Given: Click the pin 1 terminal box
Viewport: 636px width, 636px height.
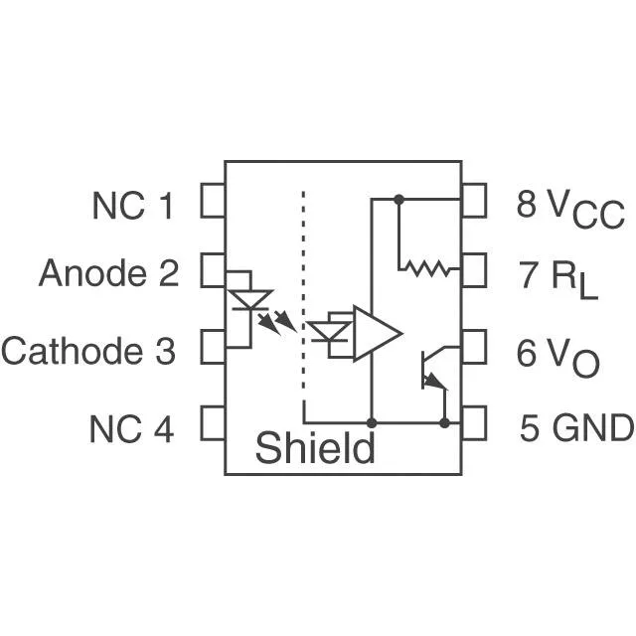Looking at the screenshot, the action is (x=213, y=201).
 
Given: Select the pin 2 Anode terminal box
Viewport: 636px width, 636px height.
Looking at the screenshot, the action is (x=213, y=270).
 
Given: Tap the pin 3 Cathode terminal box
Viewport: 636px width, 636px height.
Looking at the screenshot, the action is (x=213, y=347).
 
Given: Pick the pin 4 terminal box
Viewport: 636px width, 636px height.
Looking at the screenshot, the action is (x=213, y=422).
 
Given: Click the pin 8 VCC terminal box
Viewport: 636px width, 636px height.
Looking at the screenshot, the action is (x=474, y=201).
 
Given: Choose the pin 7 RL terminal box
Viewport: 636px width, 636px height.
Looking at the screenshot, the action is (x=474, y=270).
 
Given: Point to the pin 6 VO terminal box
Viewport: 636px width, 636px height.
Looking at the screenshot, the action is (x=474, y=347).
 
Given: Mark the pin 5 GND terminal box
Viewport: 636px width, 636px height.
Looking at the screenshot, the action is (x=474, y=422).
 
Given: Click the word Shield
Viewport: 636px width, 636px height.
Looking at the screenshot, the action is (x=315, y=447).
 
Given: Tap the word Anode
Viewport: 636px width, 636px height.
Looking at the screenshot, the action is (x=92, y=273).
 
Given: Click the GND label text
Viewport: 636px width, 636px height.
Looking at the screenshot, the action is (x=593, y=428).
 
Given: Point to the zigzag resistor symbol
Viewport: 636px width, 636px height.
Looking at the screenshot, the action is (x=428, y=268).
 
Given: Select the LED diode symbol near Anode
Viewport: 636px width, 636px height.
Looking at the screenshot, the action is (x=250, y=300).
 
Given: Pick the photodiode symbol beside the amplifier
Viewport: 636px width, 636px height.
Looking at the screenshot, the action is (x=329, y=331).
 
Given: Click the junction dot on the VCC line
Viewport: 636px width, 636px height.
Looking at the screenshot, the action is (x=399, y=199).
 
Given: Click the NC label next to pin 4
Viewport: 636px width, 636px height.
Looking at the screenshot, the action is (x=115, y=429).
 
